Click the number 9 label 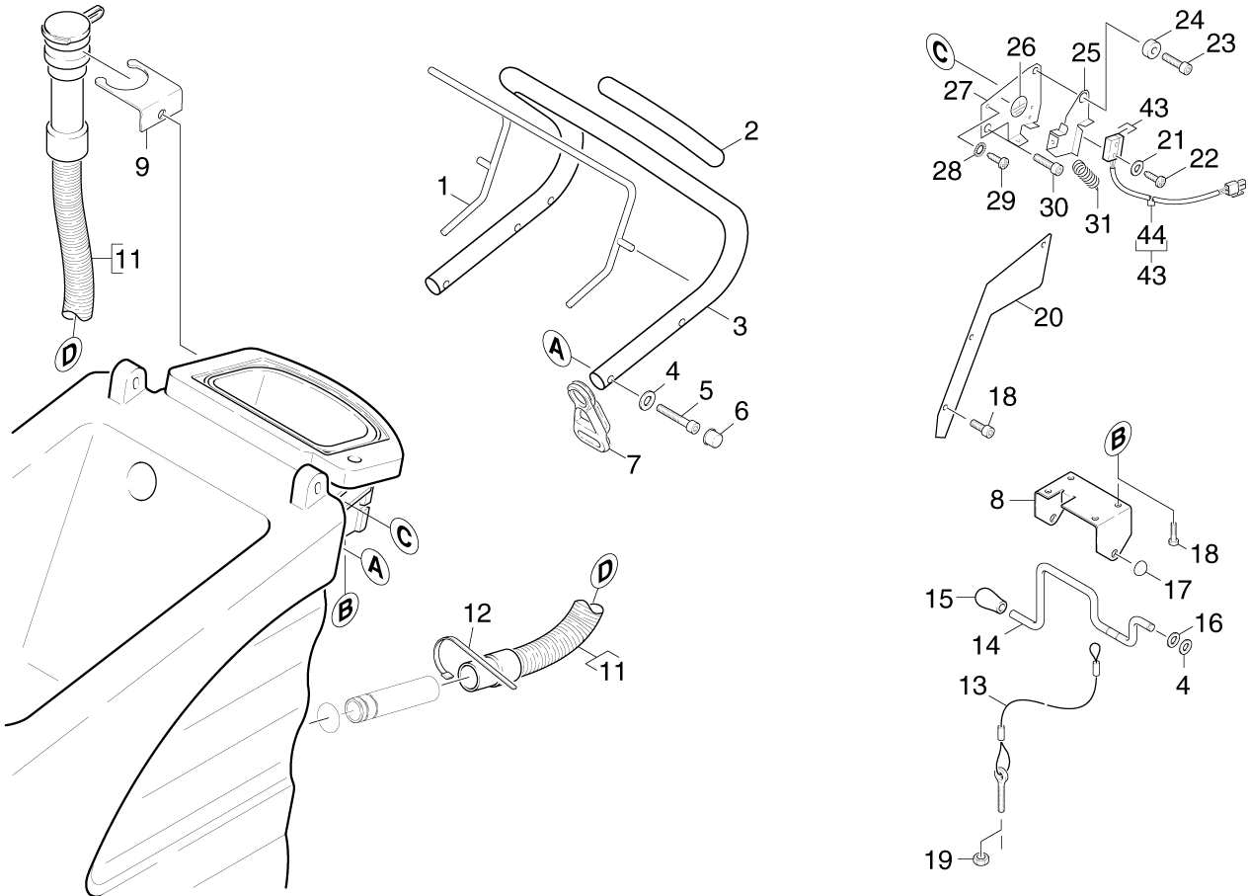click(142, 166)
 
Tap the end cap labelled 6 click(714, 436)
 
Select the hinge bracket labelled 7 click(591, 421)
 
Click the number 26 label click(1021, 46)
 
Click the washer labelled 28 click(977, 150)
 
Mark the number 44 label click(1151, 235)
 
